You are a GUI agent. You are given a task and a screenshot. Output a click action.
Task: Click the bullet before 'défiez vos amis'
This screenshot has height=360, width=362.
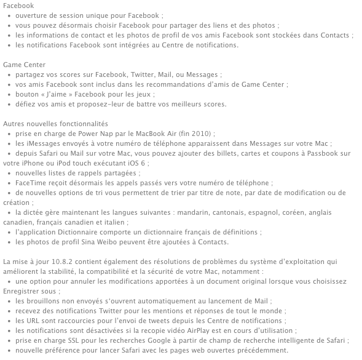pyautogui.click(x=9, y=103)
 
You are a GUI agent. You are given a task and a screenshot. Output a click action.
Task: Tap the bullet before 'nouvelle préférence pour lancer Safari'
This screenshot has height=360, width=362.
pyautogui.click(x=9, y=350)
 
